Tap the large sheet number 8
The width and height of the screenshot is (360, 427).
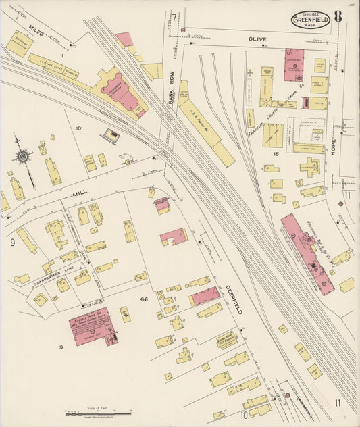pos(337,17)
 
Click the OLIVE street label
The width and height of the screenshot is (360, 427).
pos(257,39)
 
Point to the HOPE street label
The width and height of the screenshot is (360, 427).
pos(334,146)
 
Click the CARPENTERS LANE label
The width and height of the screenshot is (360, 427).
pos(53,268)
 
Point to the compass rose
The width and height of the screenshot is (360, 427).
pos(23,157)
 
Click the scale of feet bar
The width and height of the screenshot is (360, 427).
pos(98,413)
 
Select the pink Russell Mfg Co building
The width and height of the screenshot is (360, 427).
pos(93,326)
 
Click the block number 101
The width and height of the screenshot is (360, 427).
pos(79,128)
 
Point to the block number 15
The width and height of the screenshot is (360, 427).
pos(276,154)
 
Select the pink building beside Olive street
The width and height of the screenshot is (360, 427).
pos(294,64)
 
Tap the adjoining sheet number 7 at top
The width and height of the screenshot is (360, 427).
pos(174,17)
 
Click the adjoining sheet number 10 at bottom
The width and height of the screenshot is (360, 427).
pos(244,415)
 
